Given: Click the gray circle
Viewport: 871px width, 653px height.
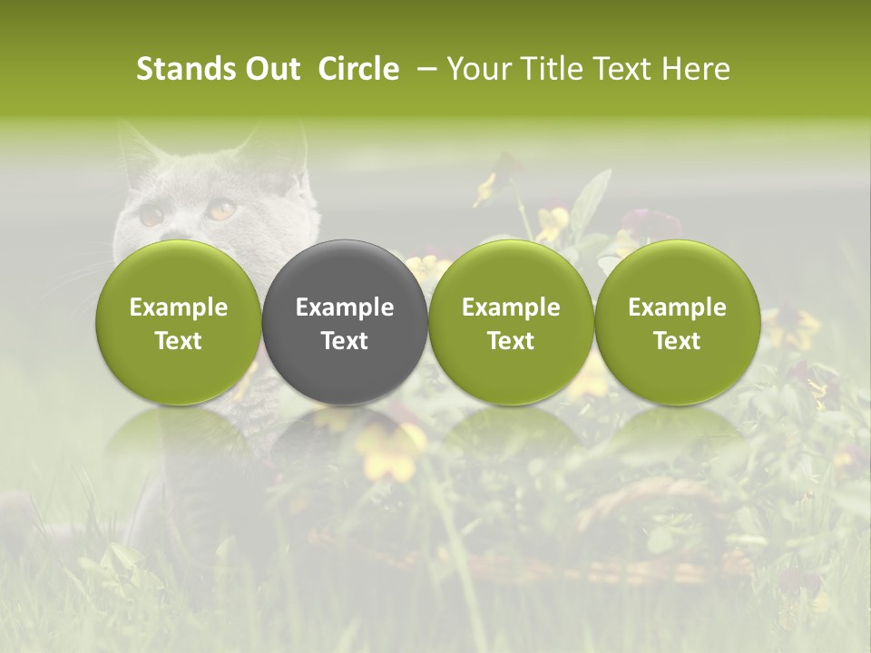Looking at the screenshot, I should tap(345, 322).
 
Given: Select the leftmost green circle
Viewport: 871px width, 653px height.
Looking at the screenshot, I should tap(179, 322).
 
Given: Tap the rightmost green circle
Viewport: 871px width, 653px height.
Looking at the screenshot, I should tap(677, 322).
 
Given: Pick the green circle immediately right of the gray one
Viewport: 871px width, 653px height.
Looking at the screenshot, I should tap(511, 322).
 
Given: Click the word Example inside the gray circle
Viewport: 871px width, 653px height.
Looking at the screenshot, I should tap(345, 307).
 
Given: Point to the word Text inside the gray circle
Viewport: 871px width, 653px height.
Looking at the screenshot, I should tap(345, 341).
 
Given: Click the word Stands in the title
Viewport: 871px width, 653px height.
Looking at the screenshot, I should tap(183, 69).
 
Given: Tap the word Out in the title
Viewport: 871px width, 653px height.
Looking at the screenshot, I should tap(271, 69).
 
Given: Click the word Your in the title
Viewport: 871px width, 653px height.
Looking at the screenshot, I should tap(478, 69).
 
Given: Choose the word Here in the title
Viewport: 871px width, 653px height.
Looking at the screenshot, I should tap(697, 69).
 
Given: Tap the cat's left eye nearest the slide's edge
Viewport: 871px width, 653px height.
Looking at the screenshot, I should tap(151, 216).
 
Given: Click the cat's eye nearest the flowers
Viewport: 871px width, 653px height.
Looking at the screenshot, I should tap(221, 210).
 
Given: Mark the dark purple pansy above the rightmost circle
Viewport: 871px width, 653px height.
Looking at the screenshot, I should tap(651, 221).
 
